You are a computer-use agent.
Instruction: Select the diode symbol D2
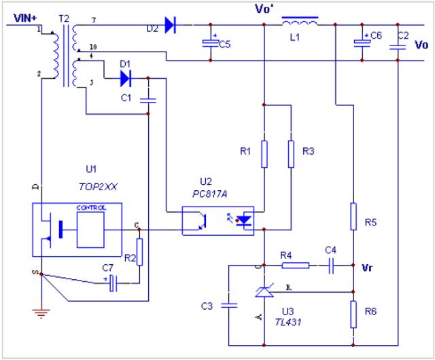pyautogui.click(x=170, y=26)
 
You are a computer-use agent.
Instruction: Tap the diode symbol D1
pyautogui.click(x=125, y=79)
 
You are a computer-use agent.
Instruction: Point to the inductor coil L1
pyautogui.click(x=298, y=23)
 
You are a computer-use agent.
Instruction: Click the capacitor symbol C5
pyautogui.click(x=209, y=43)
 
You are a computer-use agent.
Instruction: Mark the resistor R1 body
pyautogui.click(x=264, y=154)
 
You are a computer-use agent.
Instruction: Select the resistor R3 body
pyautogui.click(x=290, y=154)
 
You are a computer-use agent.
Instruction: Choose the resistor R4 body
pyautogui.click(x=295, y=266)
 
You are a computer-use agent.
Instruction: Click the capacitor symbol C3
pyautogui.click(x=229, y=306)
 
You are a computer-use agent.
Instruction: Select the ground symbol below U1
pyautogui.click(x=41, y=313)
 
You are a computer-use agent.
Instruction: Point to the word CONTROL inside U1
pyautogui.click(x=90, y=207)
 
